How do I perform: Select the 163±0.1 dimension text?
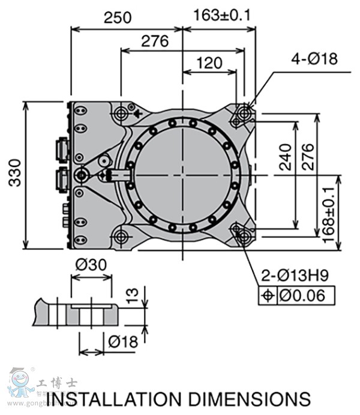(222, 15)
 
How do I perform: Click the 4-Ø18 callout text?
(314, 58)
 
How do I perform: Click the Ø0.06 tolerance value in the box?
(306, 295)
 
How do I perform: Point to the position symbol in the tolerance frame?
(268, 295)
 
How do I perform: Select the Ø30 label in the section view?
(91, 264)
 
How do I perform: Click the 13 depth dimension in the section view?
(133, 294)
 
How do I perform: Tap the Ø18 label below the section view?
(123, 341)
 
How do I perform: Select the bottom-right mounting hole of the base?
(244, 235)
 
